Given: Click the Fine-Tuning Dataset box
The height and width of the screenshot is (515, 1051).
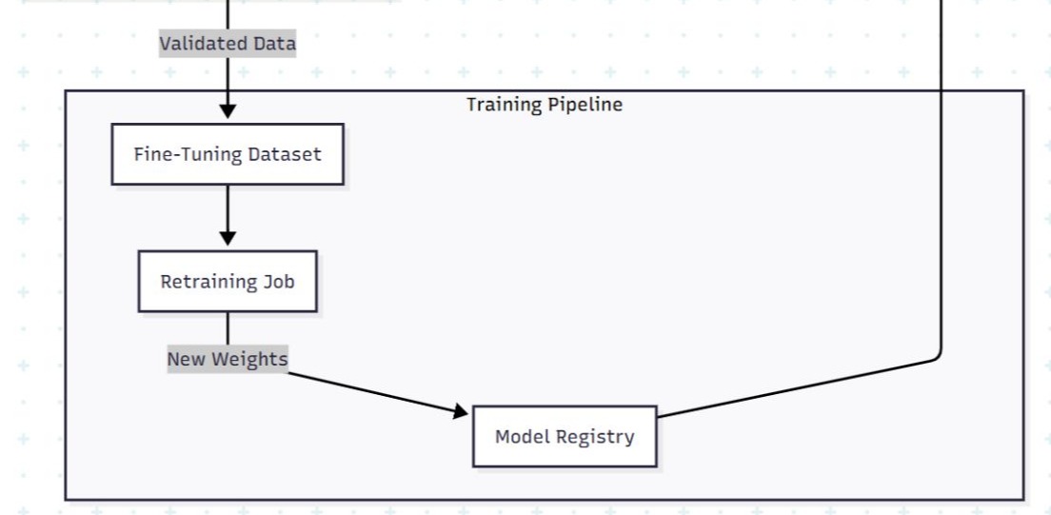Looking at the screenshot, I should (228, 154).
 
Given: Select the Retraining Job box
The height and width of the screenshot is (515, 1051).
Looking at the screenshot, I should (228, 282).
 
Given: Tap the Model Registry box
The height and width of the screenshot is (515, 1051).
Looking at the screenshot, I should (565, 437).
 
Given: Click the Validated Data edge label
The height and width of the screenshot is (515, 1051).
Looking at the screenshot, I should (228, 44).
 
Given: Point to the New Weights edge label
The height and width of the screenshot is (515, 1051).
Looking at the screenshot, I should (228, 359).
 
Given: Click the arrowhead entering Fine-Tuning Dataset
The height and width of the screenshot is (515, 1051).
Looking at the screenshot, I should (228, 111).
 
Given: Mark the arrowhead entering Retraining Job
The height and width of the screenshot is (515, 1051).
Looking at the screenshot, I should (228, 238).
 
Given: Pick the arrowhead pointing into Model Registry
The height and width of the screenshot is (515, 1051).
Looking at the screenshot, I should (461, 411).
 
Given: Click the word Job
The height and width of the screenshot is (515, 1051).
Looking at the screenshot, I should (279, 282).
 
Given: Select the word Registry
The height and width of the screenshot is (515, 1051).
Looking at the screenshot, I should (596, 437).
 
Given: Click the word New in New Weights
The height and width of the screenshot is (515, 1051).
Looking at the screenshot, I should (187, 359).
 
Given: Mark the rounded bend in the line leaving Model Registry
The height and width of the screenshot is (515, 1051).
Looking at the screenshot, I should (939, 356).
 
